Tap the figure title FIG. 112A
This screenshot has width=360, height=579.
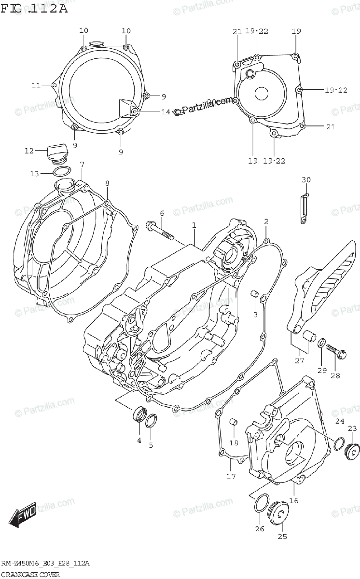[x=35, y=8]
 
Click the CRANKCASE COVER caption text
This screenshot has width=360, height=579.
[x=30, y=574]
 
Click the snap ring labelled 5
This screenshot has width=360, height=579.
[x=151, y=421]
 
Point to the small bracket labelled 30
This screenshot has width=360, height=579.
[x=304, y=208]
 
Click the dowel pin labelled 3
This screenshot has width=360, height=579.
[x=254, y=294]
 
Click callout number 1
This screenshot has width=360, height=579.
[x=194, y=225]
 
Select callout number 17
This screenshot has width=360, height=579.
[x=231, y=477]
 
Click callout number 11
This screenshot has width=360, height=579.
[x=36, y=85]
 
